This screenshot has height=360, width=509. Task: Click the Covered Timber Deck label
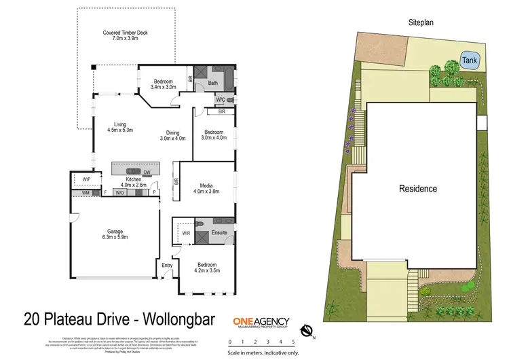125,36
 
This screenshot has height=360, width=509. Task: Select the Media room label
207,187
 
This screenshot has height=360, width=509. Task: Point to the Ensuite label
219,232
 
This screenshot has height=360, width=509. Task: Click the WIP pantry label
86,179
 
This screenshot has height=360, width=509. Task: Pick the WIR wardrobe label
186,234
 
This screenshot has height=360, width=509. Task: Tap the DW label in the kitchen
147,173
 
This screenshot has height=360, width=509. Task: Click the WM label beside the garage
86,194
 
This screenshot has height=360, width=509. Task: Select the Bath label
212,83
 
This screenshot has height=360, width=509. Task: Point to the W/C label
220,101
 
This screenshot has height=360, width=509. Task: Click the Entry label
166,265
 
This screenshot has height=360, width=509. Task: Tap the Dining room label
172,135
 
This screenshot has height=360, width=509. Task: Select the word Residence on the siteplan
417,189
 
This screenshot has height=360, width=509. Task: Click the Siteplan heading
421,22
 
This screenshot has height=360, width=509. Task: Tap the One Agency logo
261,323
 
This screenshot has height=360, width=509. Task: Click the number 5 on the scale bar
293,342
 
